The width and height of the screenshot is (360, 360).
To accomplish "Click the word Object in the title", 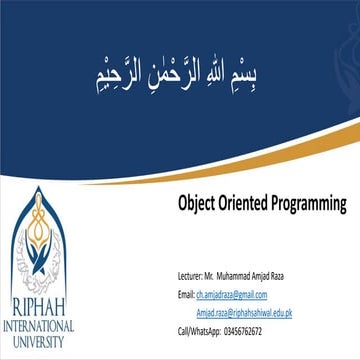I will pyautogui.click(x=195, y=203).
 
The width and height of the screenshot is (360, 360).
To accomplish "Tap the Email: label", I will pyautogui.click(x=184, y=294).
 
